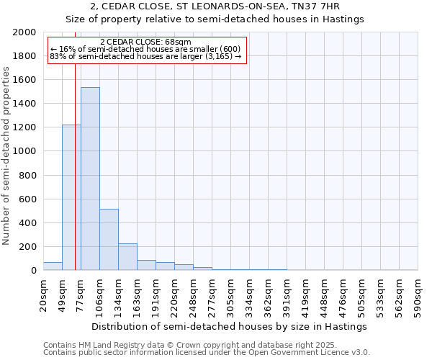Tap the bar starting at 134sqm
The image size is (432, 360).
coord(127,256)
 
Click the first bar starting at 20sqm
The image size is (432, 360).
coord(53,266)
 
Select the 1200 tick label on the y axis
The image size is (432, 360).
coord(25,127)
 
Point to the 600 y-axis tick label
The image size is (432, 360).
coord(28,199)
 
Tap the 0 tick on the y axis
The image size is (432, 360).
coord(34,271)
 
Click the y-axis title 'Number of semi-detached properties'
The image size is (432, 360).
coord(7,156)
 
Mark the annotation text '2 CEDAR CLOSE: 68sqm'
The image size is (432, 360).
coord(146,42)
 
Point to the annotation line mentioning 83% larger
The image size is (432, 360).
coord(146,57)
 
